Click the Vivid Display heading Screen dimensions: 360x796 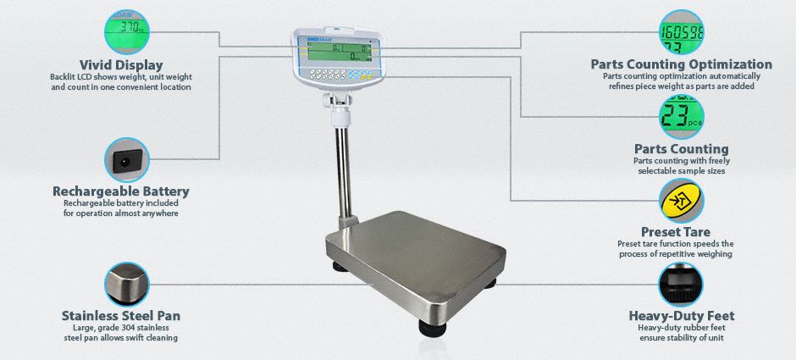121,64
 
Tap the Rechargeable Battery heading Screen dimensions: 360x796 121,191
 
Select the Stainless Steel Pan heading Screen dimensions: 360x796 121,316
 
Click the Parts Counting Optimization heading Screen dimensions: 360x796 681,64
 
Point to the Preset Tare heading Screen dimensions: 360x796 675,231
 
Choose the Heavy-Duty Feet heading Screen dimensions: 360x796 681,316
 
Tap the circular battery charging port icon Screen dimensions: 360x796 128,159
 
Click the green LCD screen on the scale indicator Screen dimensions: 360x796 339,53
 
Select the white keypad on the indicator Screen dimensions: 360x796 321,75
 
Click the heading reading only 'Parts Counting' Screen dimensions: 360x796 681,149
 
